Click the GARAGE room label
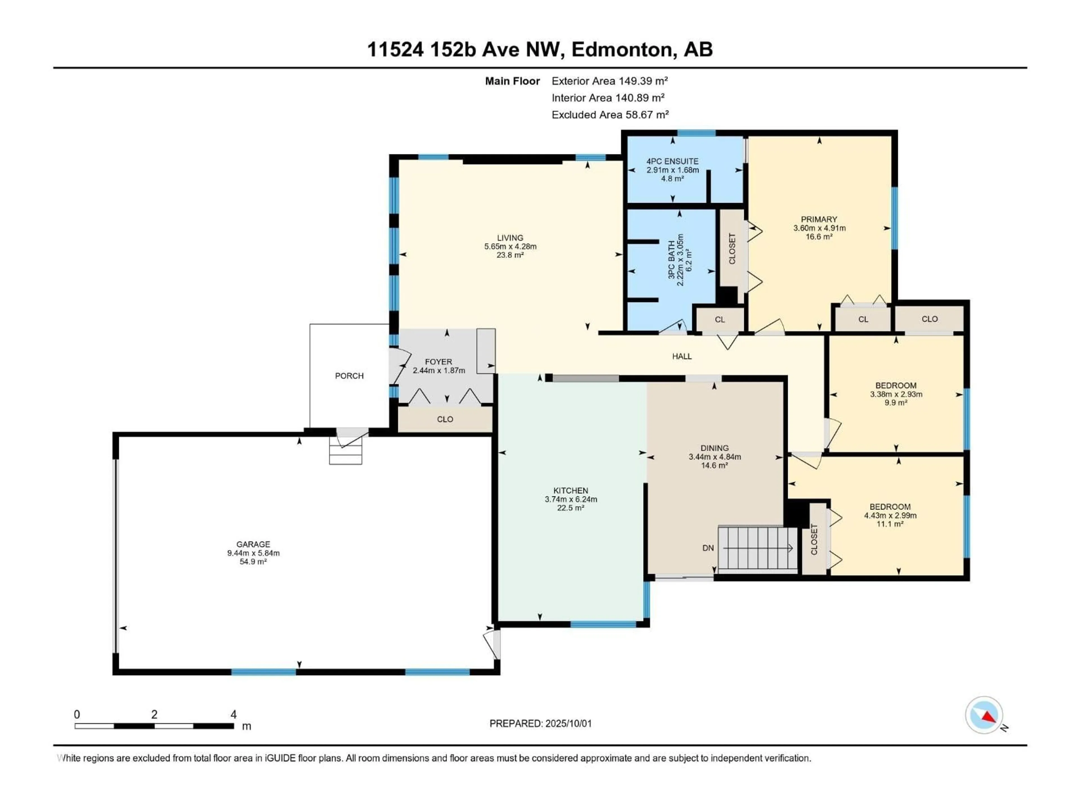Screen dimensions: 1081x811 tap(253, 544)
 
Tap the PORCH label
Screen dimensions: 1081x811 tap(349, 375)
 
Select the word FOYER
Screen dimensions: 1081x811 tap(438, 362)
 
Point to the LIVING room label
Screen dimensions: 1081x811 tap(510, 238)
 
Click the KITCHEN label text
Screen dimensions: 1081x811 tap(571, 490)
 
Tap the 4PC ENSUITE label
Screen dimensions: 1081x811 tap(673, 161)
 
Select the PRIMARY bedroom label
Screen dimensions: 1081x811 tap(819, 219)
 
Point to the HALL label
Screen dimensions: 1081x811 tap(682, 357)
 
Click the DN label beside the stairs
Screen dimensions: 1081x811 tap(708, 548)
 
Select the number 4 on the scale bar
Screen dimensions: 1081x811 tap(234, 715)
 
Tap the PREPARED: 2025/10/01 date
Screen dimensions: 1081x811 tap(540, 723)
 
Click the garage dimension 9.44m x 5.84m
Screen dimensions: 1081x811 tap(253, 553)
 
